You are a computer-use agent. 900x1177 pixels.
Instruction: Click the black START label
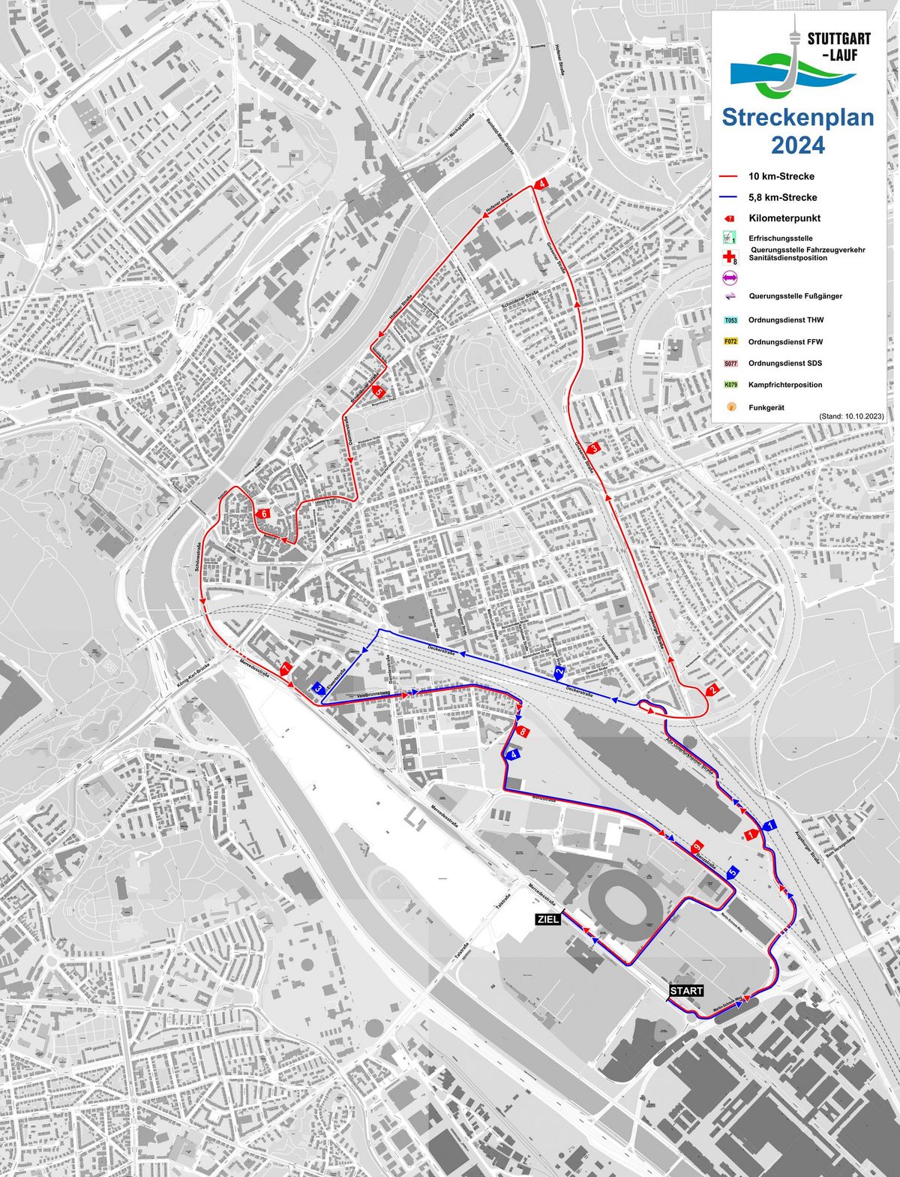coord(686,990)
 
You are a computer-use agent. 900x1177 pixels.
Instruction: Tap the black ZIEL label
coord(547,918)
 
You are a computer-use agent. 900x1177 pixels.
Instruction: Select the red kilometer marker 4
coord(541,182)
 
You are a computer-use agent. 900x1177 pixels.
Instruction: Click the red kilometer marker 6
coord(262,514)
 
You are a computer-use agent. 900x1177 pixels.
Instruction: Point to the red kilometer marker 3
coord(594,449)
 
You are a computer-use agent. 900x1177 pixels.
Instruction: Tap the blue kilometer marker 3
coord(318,688)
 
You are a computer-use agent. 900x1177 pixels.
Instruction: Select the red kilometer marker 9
coord(697,846)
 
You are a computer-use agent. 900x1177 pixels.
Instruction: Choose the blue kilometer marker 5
coord(733,872)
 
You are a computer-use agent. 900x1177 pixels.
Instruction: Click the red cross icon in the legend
coord(727,257)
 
